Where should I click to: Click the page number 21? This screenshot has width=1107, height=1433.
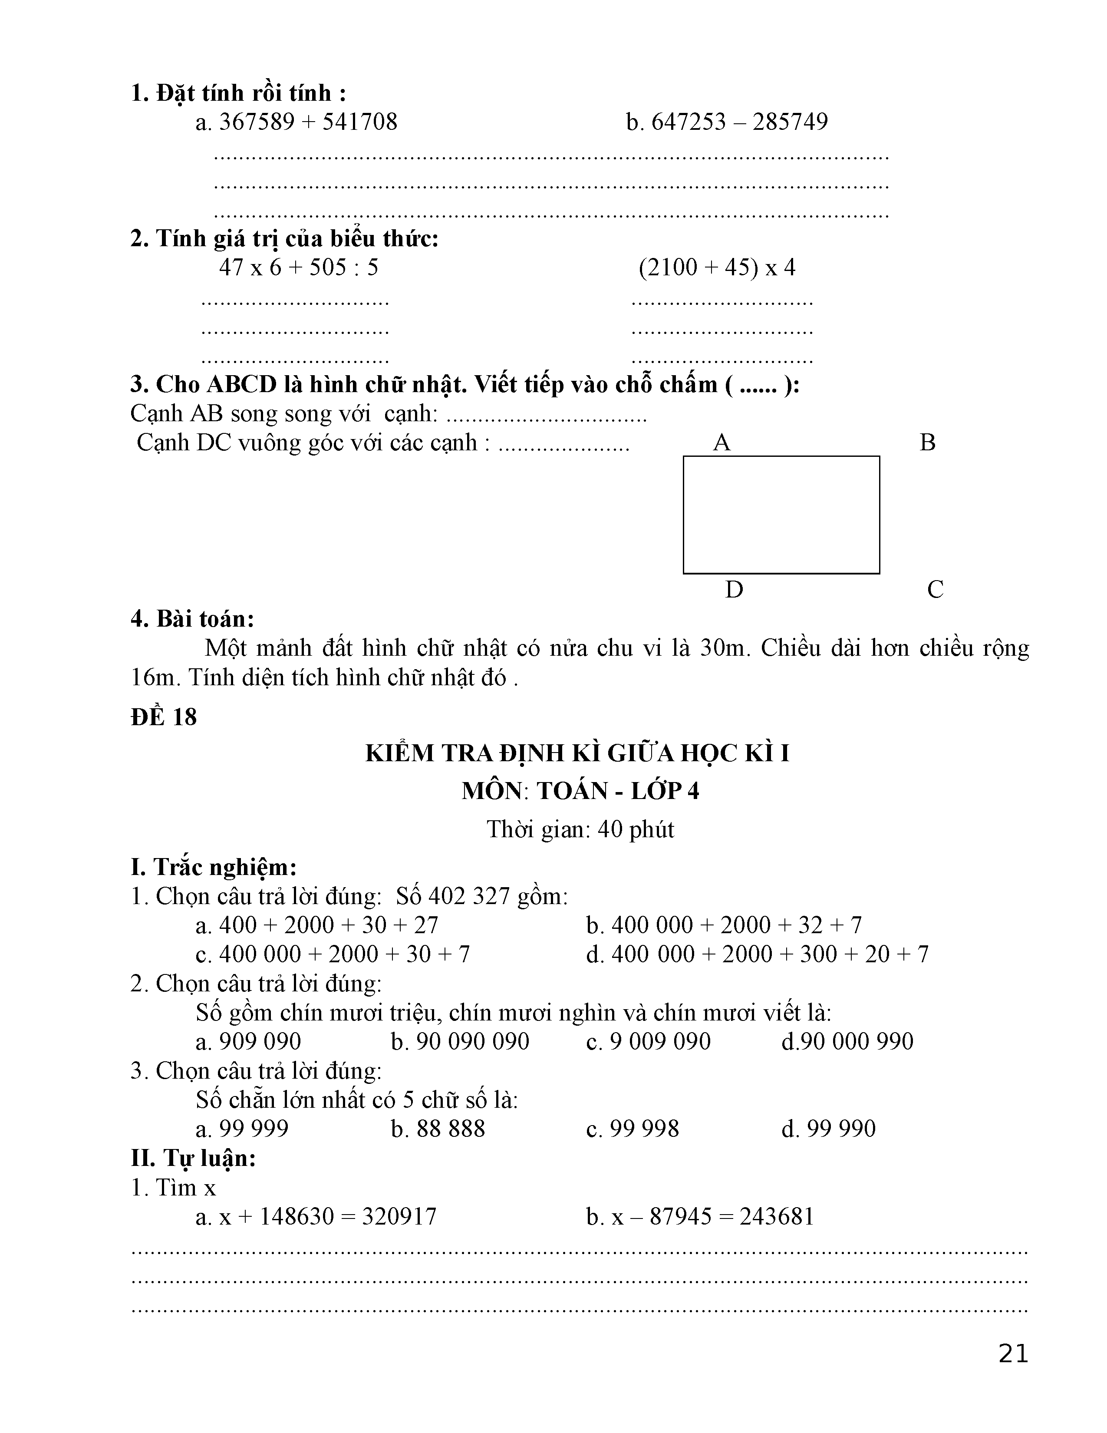pos(1013,1354)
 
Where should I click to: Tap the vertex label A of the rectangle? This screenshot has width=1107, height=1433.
pos(722,443)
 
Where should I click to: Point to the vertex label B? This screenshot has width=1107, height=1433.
pos(927,443)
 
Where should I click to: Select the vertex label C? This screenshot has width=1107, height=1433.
pos(935,590)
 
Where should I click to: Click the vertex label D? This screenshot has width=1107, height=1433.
pos(734,590)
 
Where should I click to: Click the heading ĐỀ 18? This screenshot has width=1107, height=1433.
pos(164,717)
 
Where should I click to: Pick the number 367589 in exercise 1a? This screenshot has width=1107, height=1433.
pos(257,122)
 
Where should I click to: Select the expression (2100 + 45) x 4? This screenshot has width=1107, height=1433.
pos(717,267)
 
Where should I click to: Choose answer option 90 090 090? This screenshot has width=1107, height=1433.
pos(472,1041)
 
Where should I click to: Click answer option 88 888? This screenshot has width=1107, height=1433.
pos(451,1129)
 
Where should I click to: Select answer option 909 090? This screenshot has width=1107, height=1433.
pos(260,1041)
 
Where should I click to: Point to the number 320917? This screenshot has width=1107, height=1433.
pos(399,1216)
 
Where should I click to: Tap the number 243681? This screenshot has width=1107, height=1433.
pos(777,1216)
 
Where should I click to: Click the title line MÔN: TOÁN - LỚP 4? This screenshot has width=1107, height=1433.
pos(580,791)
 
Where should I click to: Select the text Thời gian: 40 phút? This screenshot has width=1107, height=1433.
pos(580,829)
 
